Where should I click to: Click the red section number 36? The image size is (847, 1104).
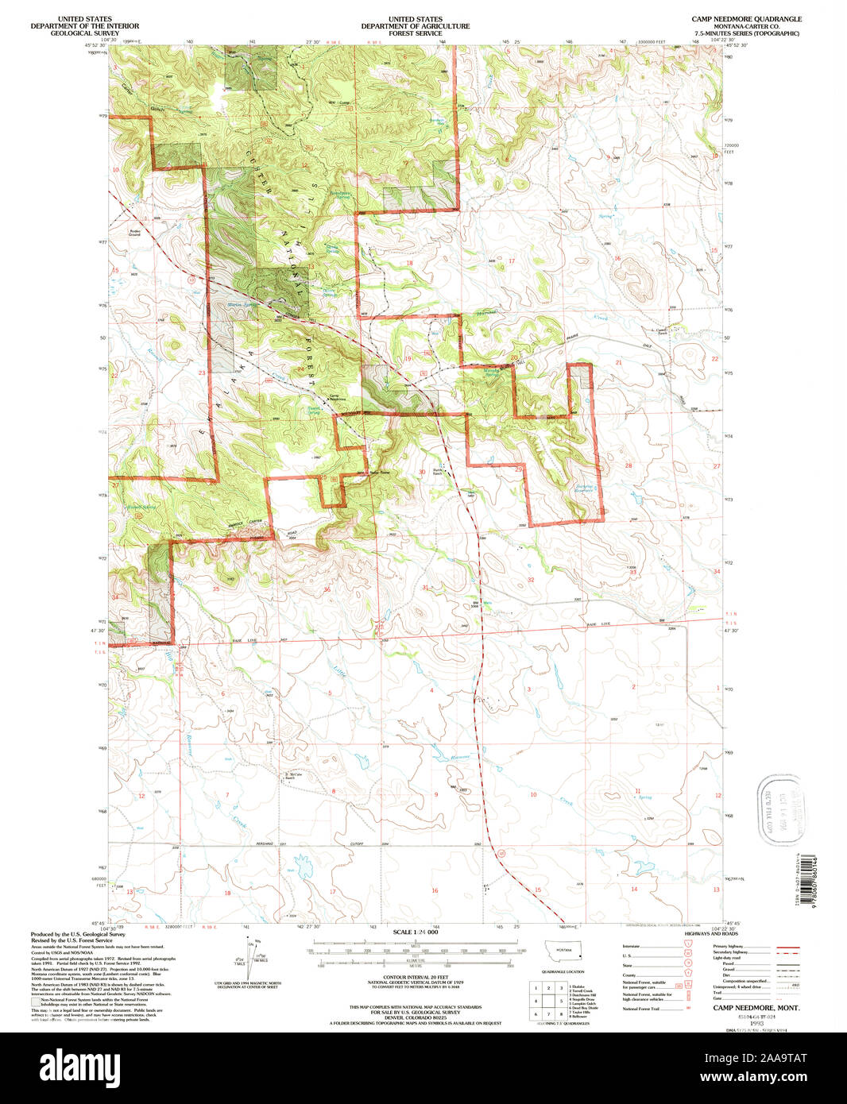coord(327,589)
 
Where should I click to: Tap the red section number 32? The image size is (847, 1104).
coord(531,580)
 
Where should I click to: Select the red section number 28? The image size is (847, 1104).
coord(628,465)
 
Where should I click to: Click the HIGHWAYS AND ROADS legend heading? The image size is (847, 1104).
coord(696,935)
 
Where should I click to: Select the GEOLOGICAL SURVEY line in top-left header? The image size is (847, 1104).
coord(83,33)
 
